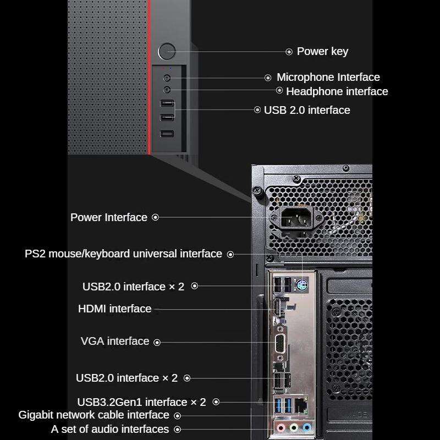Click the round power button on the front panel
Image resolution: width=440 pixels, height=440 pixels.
[166, 52]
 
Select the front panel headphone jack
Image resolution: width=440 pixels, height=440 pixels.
[167, 89]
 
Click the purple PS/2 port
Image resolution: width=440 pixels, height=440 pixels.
[301, 285]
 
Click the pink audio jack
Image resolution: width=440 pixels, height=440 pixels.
[281, 427]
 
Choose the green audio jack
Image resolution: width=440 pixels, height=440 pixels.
[294, 427]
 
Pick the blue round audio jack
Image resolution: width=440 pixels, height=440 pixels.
[306, 427]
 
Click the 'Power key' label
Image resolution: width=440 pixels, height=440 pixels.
[322, 52]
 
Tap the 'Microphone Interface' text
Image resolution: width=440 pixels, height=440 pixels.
[328, 78]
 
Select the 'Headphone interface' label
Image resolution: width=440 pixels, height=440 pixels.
[337, 91]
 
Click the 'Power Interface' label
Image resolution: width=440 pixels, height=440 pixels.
[109, 217]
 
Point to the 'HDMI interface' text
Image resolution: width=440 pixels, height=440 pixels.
[114, 309]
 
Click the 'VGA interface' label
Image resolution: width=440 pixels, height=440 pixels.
[115, 341]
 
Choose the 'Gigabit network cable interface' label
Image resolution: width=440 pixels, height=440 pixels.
[94, 415]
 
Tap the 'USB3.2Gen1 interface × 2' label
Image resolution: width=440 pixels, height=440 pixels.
[141, 402]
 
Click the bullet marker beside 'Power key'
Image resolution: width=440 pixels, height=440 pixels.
[289, 52]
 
